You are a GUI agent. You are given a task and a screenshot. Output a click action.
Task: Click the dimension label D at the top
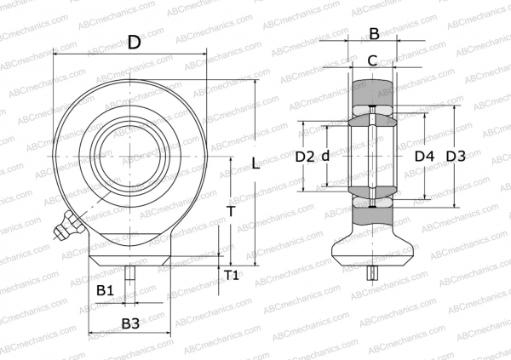point(134,43)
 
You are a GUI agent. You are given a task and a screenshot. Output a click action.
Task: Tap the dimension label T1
point(232,274)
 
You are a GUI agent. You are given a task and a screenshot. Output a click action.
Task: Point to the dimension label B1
point(105,291)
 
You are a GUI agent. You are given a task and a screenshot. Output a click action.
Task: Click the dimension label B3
point(130,323)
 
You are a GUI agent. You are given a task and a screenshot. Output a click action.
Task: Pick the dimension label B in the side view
point(373,34)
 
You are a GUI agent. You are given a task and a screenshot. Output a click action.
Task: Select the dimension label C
point(372,60)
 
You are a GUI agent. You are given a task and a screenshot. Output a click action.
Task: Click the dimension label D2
point(305,157)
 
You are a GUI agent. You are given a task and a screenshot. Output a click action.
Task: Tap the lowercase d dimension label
point(325,157)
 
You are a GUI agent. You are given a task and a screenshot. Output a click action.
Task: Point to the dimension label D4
point(424,157)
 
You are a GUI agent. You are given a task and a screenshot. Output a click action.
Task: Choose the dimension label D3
point(456,157)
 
